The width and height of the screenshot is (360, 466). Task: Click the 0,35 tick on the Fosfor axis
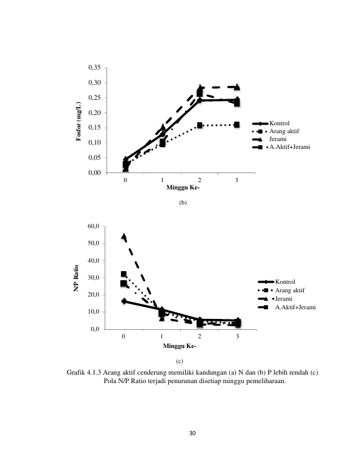pyautogui.click(x=94, y=68)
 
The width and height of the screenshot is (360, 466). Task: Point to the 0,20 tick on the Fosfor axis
pyautogui.click(x=94, y=113)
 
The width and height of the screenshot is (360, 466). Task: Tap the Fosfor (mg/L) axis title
pyautogui.click(x=79, y=121)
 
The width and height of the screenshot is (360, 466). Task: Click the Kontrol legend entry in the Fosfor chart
pyautogui.click(x=271, y=123)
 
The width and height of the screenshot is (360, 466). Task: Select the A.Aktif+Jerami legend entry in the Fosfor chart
pyautogui.click(x=281, y=147)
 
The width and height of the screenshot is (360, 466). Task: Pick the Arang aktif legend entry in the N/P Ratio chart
pyautogui.click(x=281, y=290)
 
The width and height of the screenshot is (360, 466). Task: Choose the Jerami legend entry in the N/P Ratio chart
pyautogui.click(x=275, y=299)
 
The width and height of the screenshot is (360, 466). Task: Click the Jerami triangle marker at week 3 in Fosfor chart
pyautogui.click(x=237, y=87)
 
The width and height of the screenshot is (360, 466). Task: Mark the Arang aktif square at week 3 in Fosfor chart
pyautogui.click(x=237, y=125)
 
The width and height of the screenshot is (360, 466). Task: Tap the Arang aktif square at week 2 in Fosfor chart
pyautogui.click(x=200, y=125)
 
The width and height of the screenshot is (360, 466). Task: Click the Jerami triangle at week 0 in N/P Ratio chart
pyautogui.click(x=123, y=236)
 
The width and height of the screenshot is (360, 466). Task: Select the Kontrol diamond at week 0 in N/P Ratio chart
pyautogui.click(x=123, y=301)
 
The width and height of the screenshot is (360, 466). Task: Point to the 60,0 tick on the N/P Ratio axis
pyautogui.click(x=93, y=226)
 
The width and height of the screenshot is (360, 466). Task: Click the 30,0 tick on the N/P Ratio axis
pyautogui.click(x=93, y=278)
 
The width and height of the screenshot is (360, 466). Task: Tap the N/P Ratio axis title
pyautogui.click(x=76, y=278)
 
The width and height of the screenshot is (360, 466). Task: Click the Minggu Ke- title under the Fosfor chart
pyautogui.click(x=183, y=188)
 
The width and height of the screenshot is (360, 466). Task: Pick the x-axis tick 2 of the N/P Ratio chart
pyautogui.click(x=200, y=336)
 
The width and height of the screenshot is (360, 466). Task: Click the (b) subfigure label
pyautogui.click(x=183, y=203)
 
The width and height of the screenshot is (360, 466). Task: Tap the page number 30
pyautogui.click(x=192, y=433)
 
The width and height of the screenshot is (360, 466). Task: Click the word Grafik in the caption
pyautogui.click(x=76, y=372)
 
